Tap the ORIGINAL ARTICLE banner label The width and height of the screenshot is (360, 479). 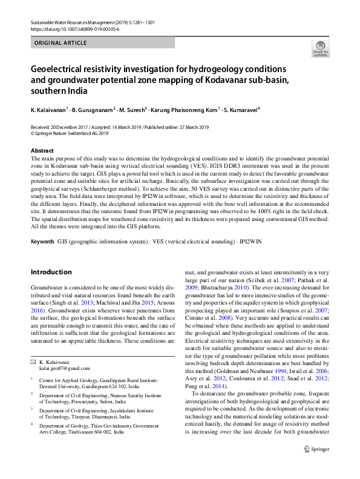point(61,44)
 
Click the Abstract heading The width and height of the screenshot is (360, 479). point(42,150)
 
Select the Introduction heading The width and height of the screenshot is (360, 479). point(51,272)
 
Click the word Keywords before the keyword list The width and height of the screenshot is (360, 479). point(42,242)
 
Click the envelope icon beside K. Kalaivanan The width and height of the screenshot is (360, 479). point(33,361)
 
